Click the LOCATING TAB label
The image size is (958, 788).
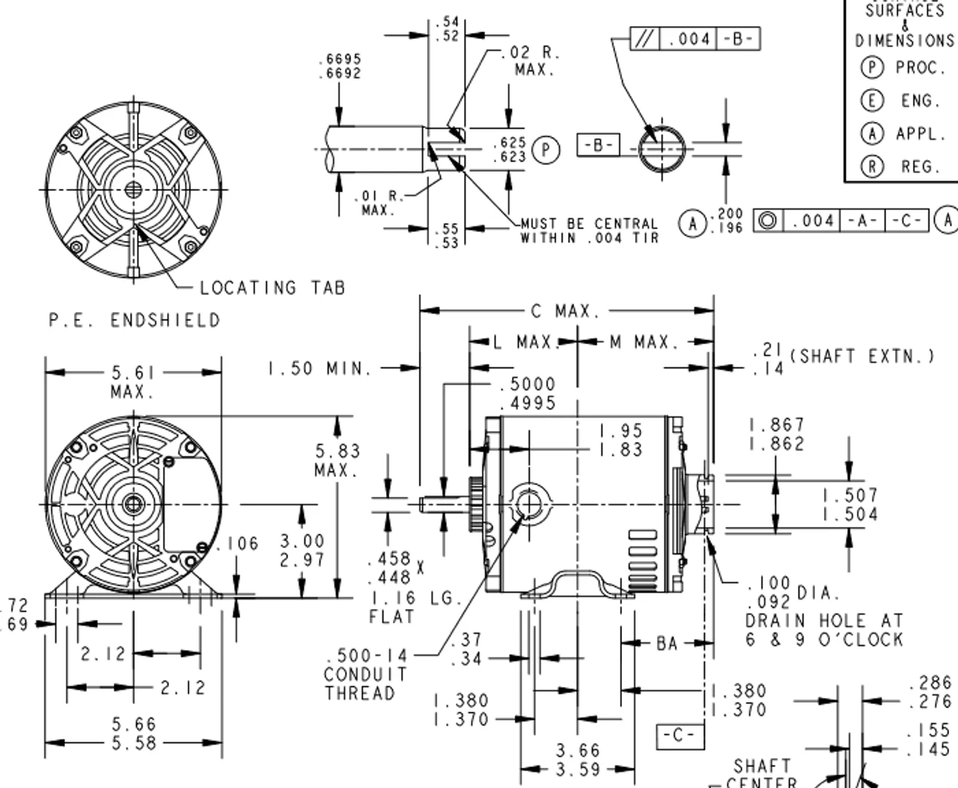pyautogui.click(x=272, y=287)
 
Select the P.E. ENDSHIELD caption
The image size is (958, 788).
pyautogui.click(x=135, y=320)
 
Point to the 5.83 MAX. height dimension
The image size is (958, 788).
pyautogui.click(x=337, y=460)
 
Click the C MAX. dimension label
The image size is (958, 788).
pyautogui.click(x=565, y=311)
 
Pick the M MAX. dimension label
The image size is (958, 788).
pyautogui.click(x=644, y=343)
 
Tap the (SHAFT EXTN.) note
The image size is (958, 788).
pyautogui.click(x=862, y=356)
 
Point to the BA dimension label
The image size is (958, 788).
pyautogui.click(x=666, y=643)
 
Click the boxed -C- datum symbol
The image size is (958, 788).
pyautogui.click(x=680, y=736)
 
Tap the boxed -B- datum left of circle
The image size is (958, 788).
pyautogui.click(x=598, y=144)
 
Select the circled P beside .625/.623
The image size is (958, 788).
pyautogui.click(x=546, y=150)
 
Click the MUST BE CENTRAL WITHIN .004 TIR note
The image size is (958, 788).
pyautogui.click(x=590, y=230)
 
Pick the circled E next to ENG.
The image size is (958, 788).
pyautogui.click(x=872, y=100)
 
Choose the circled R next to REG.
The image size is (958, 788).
pyautogui.click(x=872, y=166)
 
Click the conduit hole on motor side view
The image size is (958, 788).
pyautogui.click(x=530, y=504)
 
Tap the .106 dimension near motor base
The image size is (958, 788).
pyautogui.click(x=241, y=543)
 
